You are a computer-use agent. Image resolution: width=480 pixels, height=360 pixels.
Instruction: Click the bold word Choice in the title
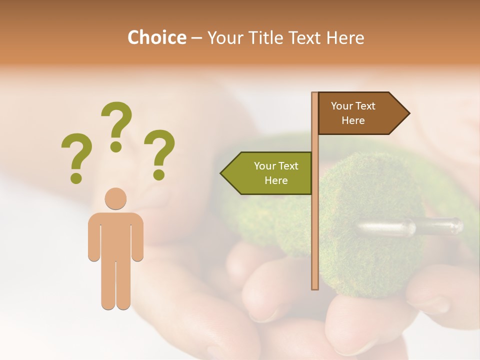pos(156,37)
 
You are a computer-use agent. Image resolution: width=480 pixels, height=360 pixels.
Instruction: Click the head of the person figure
pos(115,198)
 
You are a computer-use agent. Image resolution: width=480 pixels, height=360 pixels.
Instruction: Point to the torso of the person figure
pos(115,235)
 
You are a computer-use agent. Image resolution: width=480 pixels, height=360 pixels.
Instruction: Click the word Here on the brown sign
pos(353,120)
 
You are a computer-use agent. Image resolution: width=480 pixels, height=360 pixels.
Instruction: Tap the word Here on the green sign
pos(276,180)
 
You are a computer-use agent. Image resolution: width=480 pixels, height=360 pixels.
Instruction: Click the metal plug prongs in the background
pos(410,227)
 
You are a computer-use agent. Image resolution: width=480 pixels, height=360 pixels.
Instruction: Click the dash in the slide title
pos(196,38)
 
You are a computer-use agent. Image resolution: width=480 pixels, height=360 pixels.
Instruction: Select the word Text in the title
pos(305,37)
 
